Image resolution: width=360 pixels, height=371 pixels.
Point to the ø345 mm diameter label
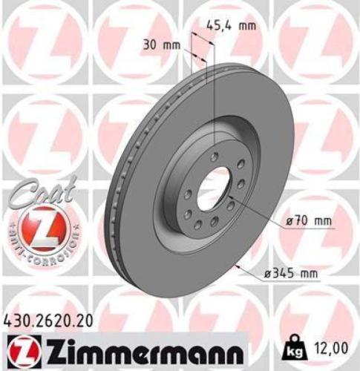pos(290,274)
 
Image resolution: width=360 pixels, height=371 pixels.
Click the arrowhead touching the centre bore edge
pos(232,202)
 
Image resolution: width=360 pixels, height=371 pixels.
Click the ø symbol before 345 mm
pos(266,274)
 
